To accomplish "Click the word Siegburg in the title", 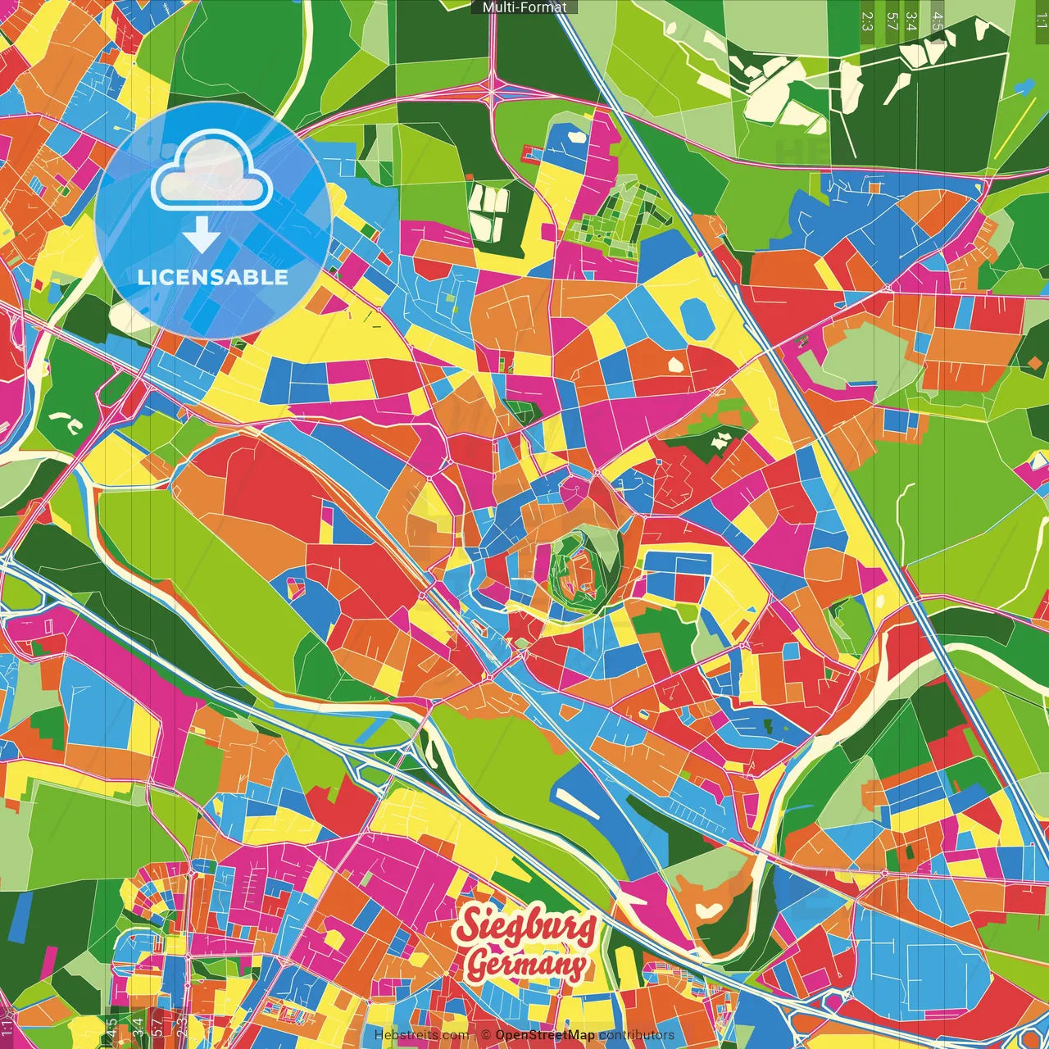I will click(x=525, y=926).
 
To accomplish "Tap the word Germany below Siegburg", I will click(x=527, y=964).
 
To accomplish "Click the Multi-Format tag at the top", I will click(x=524, y=7).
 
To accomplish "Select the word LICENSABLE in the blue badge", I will click(x=213, y=277).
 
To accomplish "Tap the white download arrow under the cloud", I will click(x=201, y=234).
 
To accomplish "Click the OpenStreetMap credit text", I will click(x=544, y=1035).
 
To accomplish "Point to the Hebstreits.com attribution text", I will click(x=421, y=1035).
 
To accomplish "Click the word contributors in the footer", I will click(x=636, y=1035).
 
